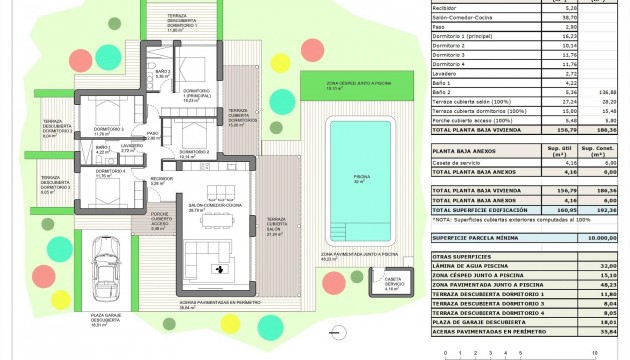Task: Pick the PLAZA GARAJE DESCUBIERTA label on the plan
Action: (x=97, y=320)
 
